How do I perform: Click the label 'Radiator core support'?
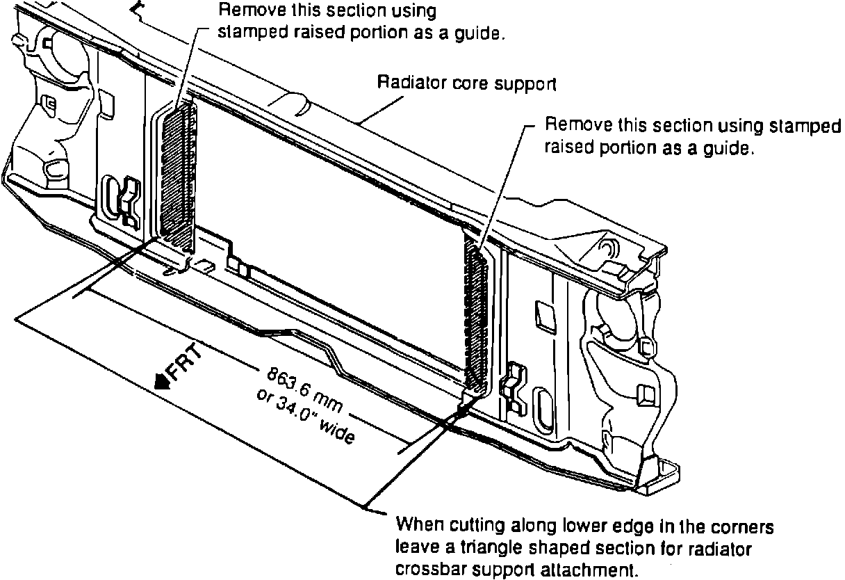click(x=467, y=83)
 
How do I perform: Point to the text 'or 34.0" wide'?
click(x=306, y=416)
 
